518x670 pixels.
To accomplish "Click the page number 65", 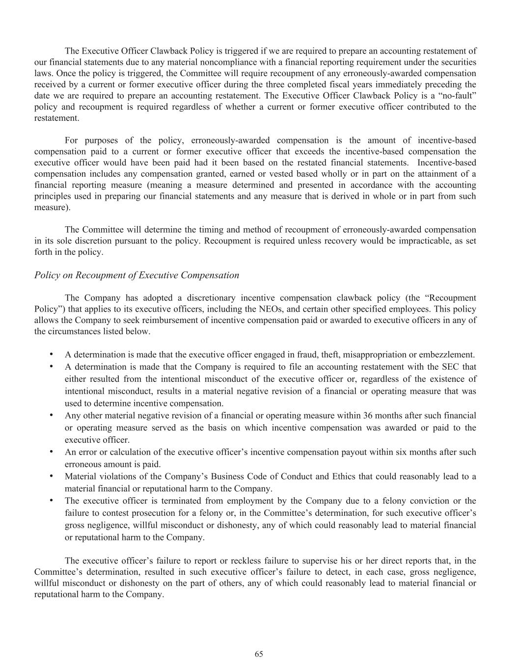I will click(259, 654).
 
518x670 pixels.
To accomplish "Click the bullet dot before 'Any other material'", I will click(51, 415).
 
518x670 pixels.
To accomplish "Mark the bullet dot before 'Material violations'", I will click(51, 476).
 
